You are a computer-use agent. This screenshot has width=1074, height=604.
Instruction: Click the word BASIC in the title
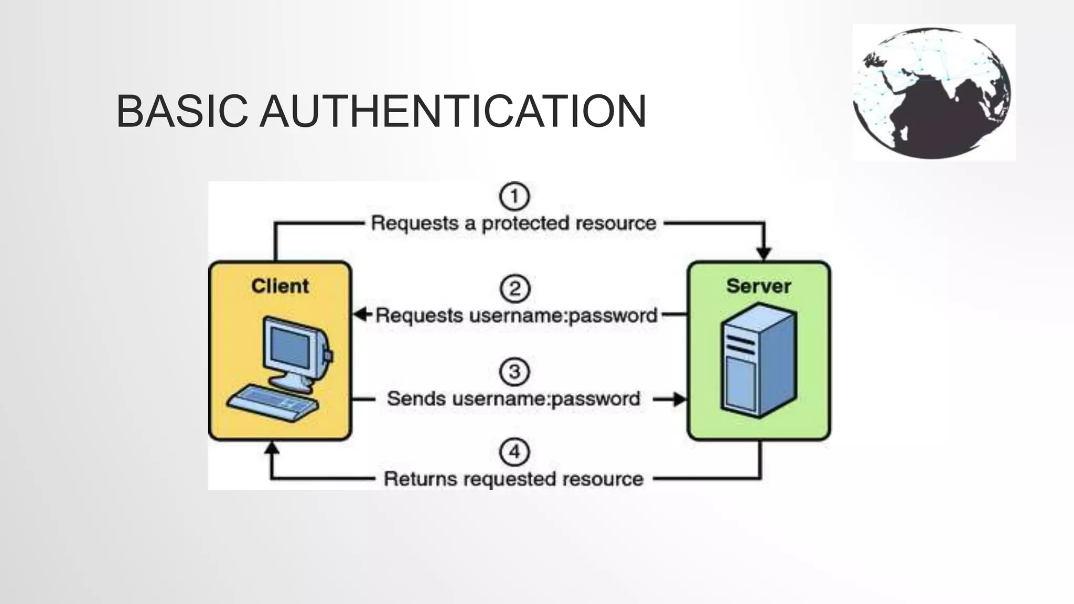coord(181,111)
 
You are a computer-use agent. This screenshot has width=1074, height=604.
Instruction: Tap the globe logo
coord(933,93)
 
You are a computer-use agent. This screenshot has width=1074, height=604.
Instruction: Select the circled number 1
coord(514,196)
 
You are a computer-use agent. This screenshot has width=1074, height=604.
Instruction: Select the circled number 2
coord(514,288)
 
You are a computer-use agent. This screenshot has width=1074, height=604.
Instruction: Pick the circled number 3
coord(514,372)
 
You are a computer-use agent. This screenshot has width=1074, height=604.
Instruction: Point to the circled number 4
coord(514,452)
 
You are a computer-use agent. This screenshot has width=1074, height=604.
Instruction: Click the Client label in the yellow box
coord(280,286)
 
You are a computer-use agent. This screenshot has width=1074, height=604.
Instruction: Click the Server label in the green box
coord(758,286)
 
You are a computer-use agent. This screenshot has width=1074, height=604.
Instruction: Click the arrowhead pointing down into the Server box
coord(764,254)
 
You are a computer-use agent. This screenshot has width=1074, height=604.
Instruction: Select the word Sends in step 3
coord(416,398)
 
